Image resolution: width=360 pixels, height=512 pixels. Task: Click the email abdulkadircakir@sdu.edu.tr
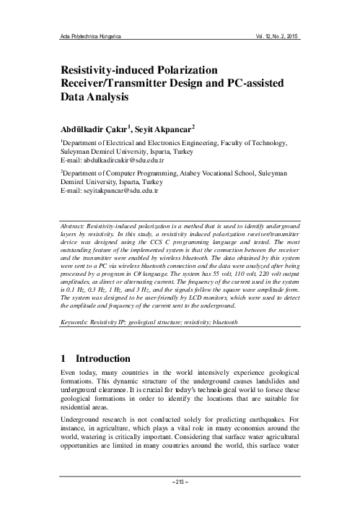(x=123, y=161)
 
